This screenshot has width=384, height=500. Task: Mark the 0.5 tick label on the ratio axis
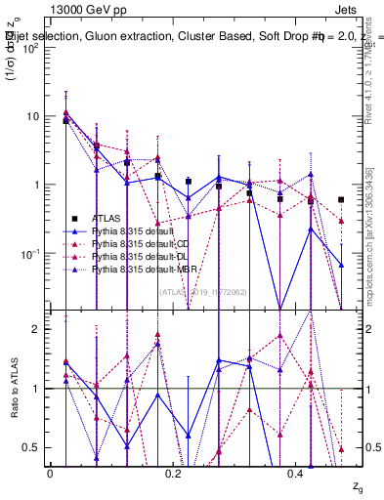29,447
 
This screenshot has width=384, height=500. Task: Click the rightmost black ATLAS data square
341,199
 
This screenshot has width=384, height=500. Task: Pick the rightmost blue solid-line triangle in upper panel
341,265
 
